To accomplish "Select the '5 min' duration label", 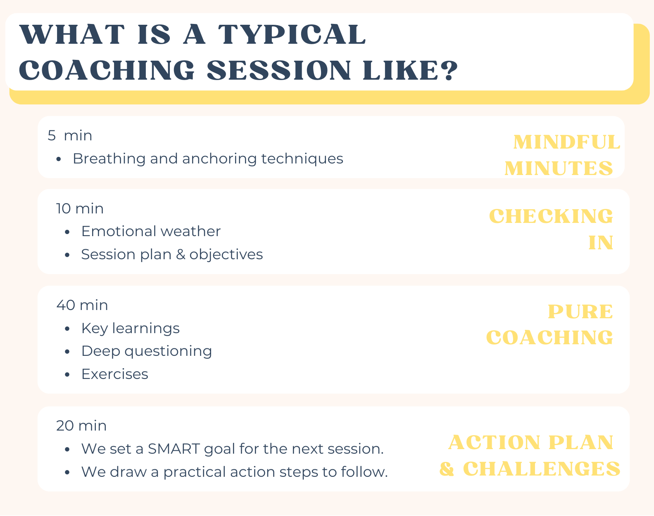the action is click(x=69, y=135).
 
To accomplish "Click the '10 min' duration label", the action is click(x=80, y=208).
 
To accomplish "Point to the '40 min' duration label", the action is click(x=82, y=305).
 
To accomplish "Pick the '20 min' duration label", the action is click(x=81, y=426).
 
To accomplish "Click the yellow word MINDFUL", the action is click(x=567, y=142).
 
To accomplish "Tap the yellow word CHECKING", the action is click(x=551, y=216).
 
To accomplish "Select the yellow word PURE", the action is click(x=580, y=312).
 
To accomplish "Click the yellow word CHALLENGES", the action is click(x=542, y=469).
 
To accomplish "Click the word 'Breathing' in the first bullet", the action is click(x=109, y=159).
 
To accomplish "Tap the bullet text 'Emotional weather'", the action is click(x=151, y=232).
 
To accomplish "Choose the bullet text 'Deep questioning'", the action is click(x=147, y=352).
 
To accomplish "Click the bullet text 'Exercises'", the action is click(x=114, y=374).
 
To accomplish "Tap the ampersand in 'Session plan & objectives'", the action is click(x=181, y=255).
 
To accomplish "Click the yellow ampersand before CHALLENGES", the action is click(x=447, y=469).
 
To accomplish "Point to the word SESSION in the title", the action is click(x=279, y=70).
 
